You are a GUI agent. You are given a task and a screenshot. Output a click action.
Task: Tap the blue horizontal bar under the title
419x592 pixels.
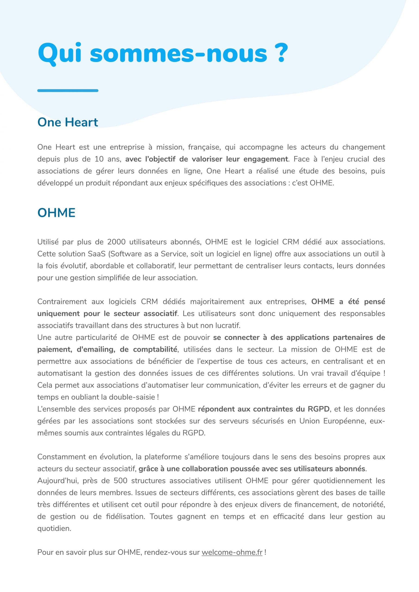[68, 90]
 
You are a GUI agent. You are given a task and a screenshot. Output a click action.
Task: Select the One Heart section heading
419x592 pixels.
[68, 122]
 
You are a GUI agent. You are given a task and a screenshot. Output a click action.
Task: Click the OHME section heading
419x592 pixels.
[56, 213]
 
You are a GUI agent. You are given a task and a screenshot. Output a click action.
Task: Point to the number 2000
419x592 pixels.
[116, 242]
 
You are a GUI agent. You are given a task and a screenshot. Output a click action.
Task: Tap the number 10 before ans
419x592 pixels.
[99, 159]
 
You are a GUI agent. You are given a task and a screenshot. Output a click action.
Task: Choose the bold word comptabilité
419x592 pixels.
[155, 349]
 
